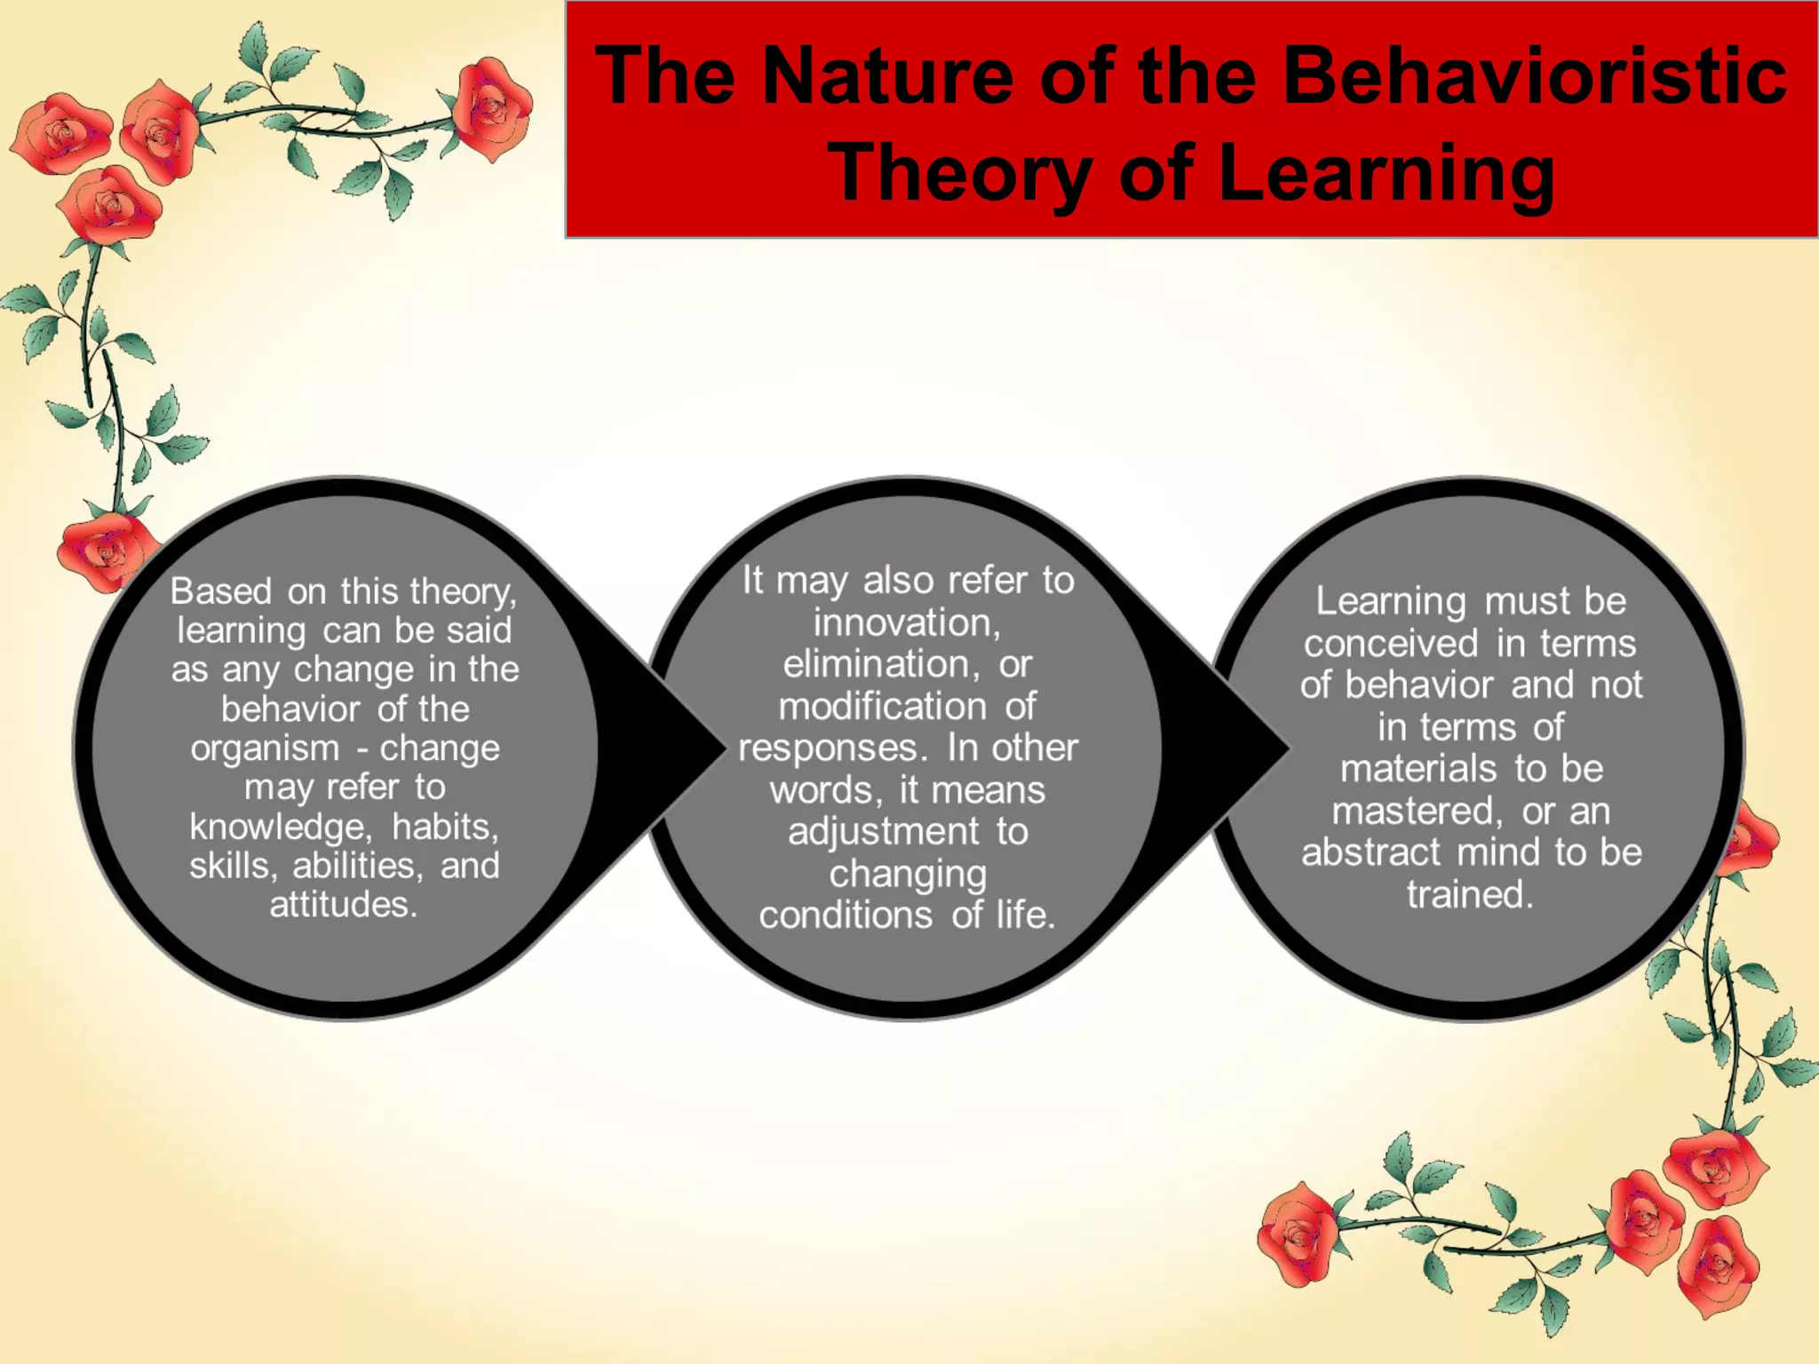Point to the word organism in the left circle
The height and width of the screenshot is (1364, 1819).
(x=265, y=749)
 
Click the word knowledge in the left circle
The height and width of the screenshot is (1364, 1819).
(x=279, y=827)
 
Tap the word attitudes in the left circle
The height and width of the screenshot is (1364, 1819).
(x=343, y=905)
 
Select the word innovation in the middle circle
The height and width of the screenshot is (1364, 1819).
(x=907, y=623)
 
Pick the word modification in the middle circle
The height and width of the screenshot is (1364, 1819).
(x=882, y=707)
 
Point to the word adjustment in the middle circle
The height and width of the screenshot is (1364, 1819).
(x=882, y=832)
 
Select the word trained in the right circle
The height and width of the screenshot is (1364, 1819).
(x=1470, y=894)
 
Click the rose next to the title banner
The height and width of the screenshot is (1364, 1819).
(x=491, y=108)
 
